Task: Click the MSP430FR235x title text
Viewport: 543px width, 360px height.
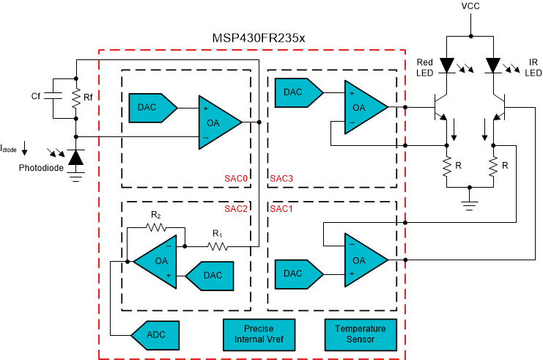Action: (253, 38)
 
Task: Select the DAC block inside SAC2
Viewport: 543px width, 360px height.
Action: (210, 275)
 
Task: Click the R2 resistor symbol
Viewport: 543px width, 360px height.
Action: (155, 227)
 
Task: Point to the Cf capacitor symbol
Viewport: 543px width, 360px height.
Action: (50, 95)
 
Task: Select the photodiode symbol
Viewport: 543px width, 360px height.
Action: (75, 156)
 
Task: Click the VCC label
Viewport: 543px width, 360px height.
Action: (471, 7)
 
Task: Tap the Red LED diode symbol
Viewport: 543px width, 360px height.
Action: (447, 66)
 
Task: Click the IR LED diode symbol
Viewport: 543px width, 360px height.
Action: (493, 66)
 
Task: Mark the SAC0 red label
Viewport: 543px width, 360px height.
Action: (237, 178)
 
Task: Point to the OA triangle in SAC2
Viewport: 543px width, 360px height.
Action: (157, 260)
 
